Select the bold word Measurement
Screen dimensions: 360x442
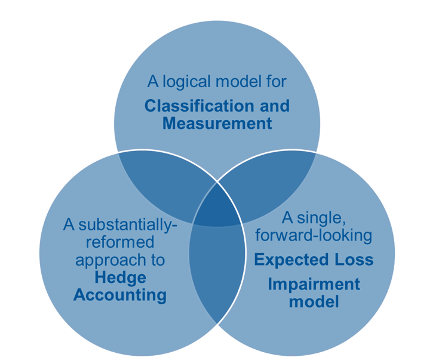tap(217, 124)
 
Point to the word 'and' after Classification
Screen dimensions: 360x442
tap(273, 106)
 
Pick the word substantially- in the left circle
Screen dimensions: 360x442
tap(121, 226)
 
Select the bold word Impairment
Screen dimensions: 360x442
tap(314, 283)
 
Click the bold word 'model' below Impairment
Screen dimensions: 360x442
tap(314, 301)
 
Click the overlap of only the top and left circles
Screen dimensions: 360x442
tap(158, 179)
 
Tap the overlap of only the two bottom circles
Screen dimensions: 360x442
tap(216, 275)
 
